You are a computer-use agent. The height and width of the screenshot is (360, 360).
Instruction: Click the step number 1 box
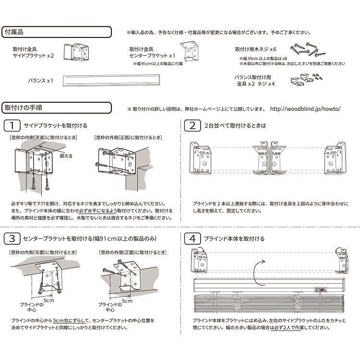(11, 126)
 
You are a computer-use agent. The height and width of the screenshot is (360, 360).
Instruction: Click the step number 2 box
(192, 126)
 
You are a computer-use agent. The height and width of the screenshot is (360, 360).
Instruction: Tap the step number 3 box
(11, 239)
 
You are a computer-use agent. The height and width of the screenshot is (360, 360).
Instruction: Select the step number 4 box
(192, 239)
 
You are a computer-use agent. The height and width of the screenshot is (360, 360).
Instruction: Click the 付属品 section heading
(14, 32)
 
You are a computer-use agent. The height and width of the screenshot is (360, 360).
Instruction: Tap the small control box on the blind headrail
(321, 289)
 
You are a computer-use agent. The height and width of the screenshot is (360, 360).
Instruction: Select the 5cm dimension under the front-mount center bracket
(127, 301)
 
